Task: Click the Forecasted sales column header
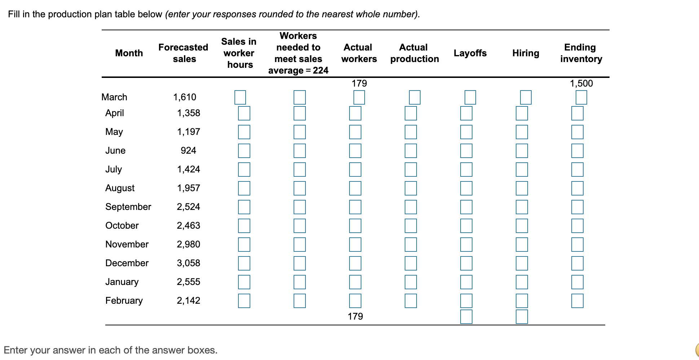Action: [184, 53]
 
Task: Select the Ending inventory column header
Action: [581, 53]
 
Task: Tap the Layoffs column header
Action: [470, 53]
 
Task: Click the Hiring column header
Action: [526, 53]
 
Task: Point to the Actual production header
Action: [414, 53]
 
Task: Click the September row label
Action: [128, 207]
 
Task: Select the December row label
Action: [127, 263]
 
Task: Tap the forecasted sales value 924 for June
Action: [188, 150]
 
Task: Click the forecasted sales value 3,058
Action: [188, 263]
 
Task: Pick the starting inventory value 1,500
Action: [581, 83]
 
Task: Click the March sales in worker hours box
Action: [240, 97]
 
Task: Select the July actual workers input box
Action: [355, 170]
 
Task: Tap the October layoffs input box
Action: [466, 226]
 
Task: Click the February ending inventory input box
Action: [577, 301]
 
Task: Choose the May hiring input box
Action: [522, 132]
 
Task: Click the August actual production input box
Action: [411, 188]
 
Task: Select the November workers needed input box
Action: [300, 245]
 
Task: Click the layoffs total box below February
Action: [466, 317]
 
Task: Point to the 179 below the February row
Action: [355, 316]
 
